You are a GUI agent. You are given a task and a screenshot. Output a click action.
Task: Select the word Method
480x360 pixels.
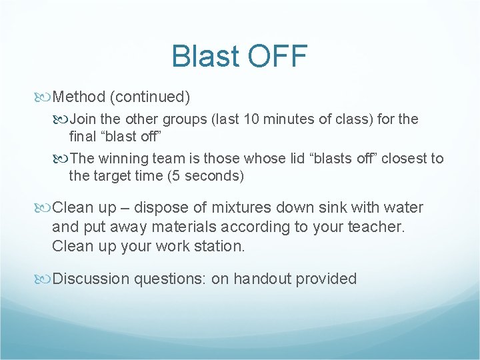pos(79,97)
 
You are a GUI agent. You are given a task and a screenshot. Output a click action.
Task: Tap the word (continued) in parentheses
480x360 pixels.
pos(150,97)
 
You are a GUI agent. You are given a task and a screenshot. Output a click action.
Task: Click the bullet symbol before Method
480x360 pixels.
pos(45,97)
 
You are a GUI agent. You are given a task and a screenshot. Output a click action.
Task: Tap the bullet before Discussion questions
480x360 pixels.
pos(45,279)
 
